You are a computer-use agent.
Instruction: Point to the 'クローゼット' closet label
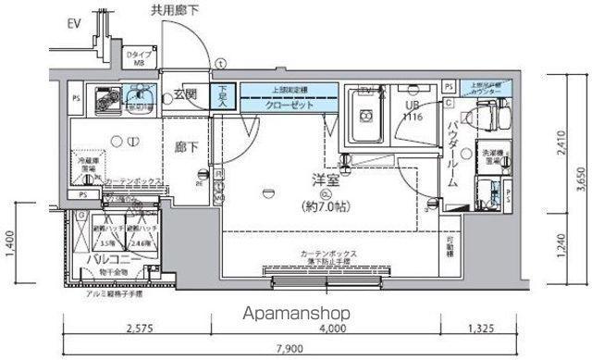pyautogui.click(x=281, y=104)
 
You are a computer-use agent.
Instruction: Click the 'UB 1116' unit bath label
pyautogui.click(x=411, y=113)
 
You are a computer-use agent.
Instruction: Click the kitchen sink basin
pyautogui.click(x=139, y=96)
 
